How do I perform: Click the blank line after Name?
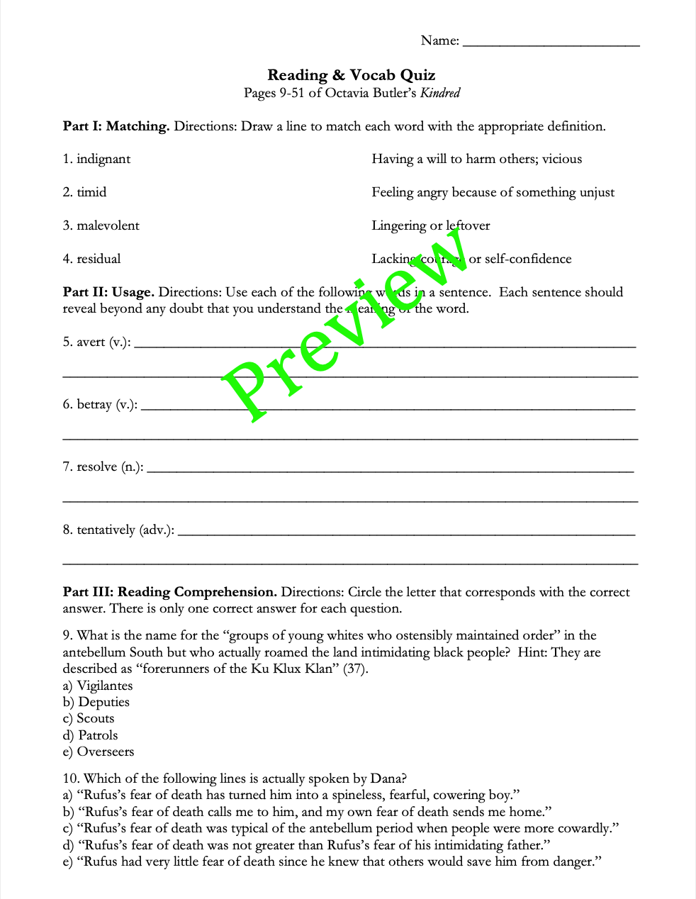click(x=551, y=43)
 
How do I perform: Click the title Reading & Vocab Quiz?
click(x=351, y=75)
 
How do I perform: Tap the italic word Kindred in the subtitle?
click(x=440, y=93)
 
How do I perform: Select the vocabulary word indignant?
click(x=103, y=159)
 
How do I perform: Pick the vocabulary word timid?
click(x=91, y=192)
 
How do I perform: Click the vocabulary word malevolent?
click(x=108, y=225)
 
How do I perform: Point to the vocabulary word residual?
click(x=99, y=259)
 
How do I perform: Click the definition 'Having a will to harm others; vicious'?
click(x=476, y=159)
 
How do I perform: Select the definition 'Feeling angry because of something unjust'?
click(x=493, y=192)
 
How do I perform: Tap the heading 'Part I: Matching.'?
click(x=116, y=127)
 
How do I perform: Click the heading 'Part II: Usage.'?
click(x=108, y=292)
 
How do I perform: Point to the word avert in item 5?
click(x=91, y=342)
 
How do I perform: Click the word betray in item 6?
click(x=94, y=404)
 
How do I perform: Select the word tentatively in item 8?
click(x=106, y=530)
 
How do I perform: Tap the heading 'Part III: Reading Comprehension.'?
click(x=170, y=592)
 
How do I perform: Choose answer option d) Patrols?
click(x=90, y=735)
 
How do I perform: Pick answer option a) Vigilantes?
click(x=98, y=686)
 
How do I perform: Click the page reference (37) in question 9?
click(x=355, y=669)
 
